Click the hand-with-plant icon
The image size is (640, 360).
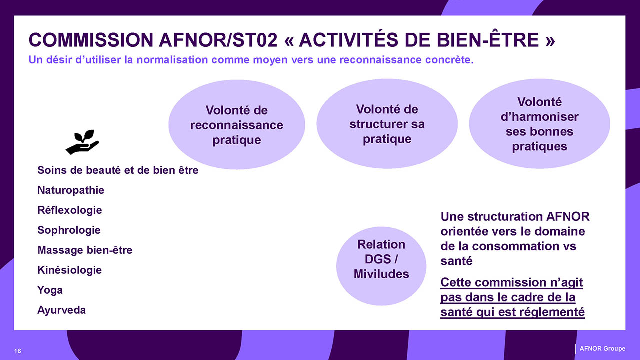[82, 142]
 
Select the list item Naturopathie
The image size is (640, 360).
[71, 190]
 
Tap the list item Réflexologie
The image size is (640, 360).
[69, 210]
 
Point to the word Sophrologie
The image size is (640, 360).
[69, 230]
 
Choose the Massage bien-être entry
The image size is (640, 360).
[85, 250]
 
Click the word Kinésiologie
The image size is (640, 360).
[69, 270]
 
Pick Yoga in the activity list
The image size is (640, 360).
[50, 290]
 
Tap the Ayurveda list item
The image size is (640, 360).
[61, 310]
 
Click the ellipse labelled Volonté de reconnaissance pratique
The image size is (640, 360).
[237, 125]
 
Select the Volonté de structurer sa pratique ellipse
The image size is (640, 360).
[387, 124]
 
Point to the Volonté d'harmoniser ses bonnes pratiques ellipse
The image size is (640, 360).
[539, 124]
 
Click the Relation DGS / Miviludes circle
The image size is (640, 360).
[381, 266]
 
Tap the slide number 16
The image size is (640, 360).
[17, 351]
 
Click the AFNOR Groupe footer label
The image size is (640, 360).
[602, 349]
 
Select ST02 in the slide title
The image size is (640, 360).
[255, 40]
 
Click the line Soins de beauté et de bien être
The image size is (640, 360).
[118, 170]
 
